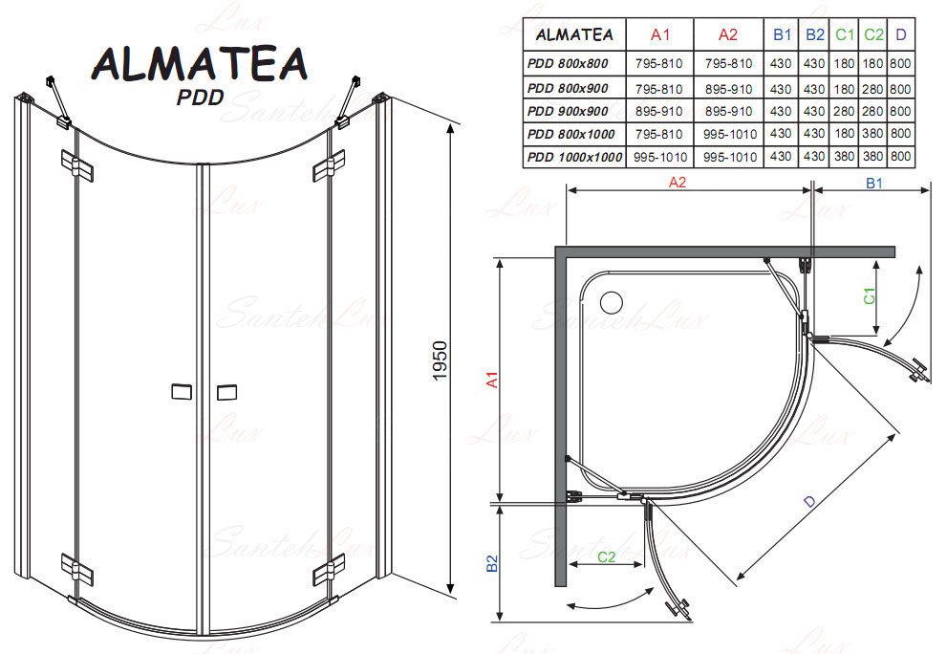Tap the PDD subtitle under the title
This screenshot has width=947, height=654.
click(x=200, y=97)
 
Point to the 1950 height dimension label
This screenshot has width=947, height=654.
click(x=440, y=360)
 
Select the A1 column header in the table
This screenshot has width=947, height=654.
click(x=660, y=34)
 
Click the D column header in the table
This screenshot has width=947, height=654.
click(x=900, y=34)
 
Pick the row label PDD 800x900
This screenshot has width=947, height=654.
click(x=568, y=88)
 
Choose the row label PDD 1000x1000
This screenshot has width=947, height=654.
click(x=574, y=157)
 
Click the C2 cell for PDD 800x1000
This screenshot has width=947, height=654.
click(x=872, y=134)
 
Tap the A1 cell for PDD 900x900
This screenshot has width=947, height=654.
click(x=659, y=111)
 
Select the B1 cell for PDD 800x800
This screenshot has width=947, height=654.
click(x=781, y=63)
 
